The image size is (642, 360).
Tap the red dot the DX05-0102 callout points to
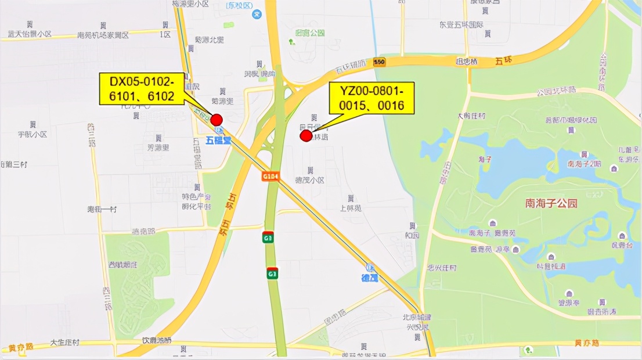click(217, 120)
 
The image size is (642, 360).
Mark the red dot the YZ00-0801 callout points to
click(306, 136)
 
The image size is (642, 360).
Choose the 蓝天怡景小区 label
click(30, 34)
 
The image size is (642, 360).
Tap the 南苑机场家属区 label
click(103, 35)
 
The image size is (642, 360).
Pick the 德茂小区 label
click(310, 180)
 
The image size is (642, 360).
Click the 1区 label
click(165, 34)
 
